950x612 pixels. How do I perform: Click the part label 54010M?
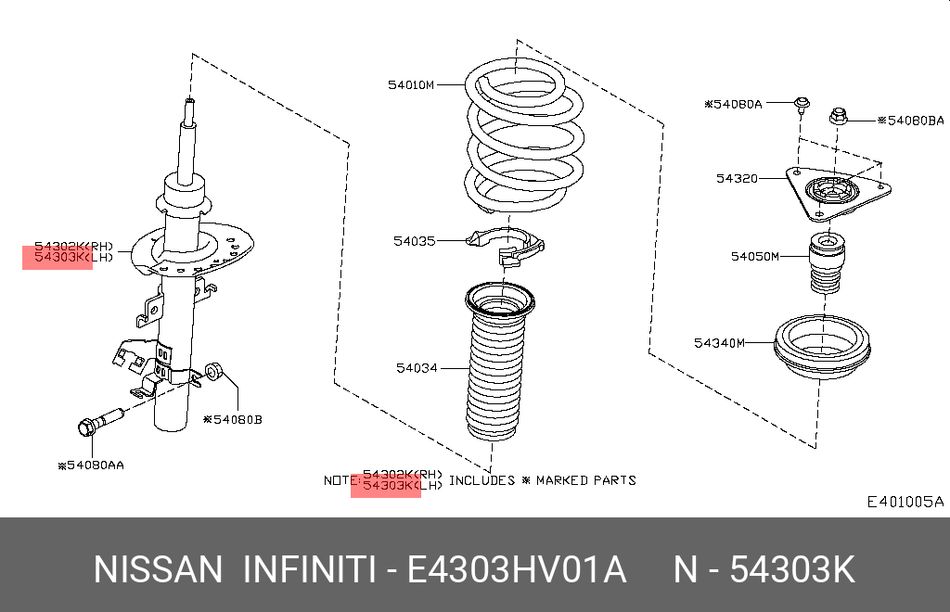(411, 84)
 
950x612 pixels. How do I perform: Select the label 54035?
(415, 241)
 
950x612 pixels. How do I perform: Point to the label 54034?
(417, 367)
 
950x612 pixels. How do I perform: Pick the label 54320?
(737, 179)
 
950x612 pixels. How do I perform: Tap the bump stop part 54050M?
(827, 262)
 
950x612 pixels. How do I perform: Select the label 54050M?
(755, 256)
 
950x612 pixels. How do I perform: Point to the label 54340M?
(719, 342)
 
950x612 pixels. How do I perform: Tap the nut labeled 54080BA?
(838, 116)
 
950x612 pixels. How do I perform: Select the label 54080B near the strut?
(233, 419)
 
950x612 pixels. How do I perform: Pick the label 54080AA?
(91, 465)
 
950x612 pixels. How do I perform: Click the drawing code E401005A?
(905, 502)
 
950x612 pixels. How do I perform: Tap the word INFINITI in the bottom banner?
(309, 569)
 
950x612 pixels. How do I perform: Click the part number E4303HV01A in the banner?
(516, 569)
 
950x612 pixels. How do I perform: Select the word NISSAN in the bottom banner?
(158, 569)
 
